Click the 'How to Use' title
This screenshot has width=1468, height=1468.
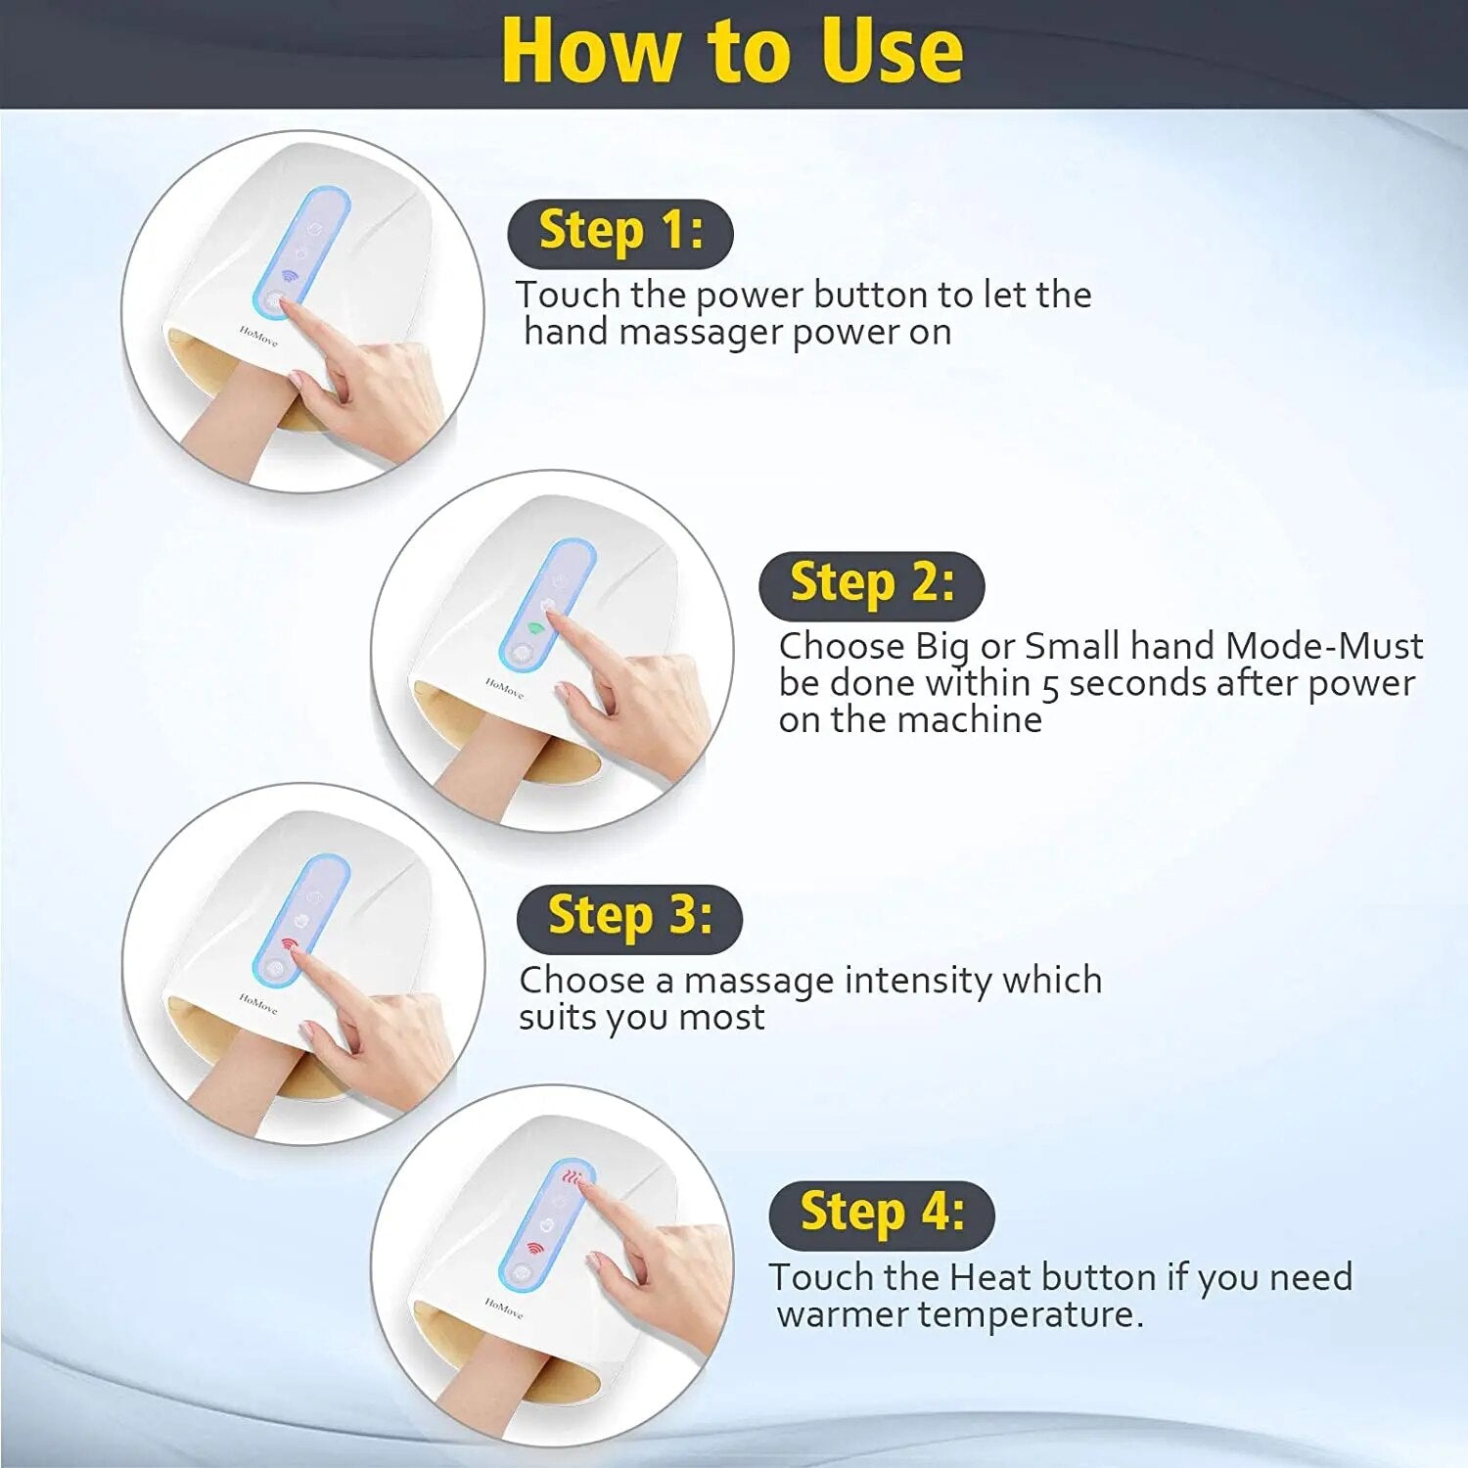tap(732, 51)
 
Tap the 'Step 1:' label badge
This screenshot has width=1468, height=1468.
tap(620, 233)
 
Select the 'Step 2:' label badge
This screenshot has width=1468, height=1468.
tap(871, 585)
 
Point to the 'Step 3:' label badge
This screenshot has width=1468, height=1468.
tap(629, 918)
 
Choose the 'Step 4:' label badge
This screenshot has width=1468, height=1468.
tap(882, 1215)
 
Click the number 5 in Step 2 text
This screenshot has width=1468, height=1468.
tap(1050, 685)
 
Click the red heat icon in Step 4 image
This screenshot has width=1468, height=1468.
tap(572, 1177)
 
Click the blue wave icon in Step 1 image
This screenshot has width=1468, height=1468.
tap(290, 276)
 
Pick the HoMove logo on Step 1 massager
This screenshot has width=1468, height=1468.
tap(258, 336)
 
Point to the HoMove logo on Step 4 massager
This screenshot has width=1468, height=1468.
tap(504, 1307)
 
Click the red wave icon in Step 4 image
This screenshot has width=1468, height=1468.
tap(534, 1248)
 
